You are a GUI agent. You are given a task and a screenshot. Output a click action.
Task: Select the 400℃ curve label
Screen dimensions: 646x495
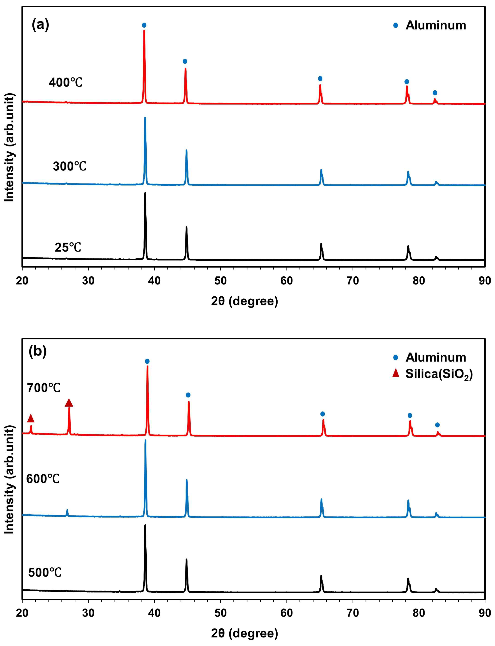[x=65, y=83]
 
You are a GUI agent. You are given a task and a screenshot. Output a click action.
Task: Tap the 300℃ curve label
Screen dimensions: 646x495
[x=70, y=167]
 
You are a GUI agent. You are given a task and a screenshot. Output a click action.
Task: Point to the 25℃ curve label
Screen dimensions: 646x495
[x=68, y=248]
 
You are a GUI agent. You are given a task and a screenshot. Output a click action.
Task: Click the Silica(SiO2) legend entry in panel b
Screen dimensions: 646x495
[x=439, y=374]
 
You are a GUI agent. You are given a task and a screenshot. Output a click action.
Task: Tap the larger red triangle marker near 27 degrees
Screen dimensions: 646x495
[x=69, y=403]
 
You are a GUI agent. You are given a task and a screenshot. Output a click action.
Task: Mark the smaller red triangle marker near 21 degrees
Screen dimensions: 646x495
[x=31, y=418]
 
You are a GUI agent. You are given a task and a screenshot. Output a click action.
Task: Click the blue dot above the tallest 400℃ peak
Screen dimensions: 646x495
[x=144, y=25]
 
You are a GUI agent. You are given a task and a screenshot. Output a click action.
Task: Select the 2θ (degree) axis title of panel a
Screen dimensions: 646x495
[x=245, y=301]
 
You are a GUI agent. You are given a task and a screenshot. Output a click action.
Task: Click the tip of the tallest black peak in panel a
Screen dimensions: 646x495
[x=145, y=193]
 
